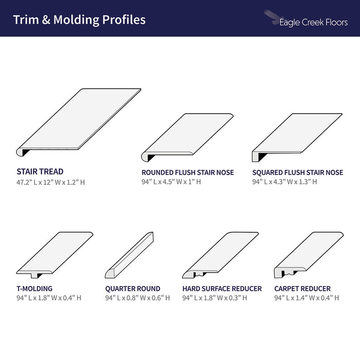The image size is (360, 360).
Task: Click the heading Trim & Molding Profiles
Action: click(x=79, y=20)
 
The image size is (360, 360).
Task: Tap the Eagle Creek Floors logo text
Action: click(x=313, y=23)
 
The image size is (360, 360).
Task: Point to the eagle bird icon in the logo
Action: click(x=273, y=17)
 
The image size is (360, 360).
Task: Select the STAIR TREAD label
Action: click(x=40, y=171)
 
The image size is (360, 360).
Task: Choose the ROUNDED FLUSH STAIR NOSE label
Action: click(x=188, y=172)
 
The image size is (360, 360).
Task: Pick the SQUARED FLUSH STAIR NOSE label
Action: click(x=298, y=172)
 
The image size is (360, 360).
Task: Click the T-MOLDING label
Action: click(x=34, y=289)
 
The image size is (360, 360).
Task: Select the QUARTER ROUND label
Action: click(x=133, y=289)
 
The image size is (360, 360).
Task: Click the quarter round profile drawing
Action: click(x=129, y=255)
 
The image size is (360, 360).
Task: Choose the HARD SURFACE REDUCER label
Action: click(x=222, y=289)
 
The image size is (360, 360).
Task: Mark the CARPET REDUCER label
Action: click(x=302, y=289)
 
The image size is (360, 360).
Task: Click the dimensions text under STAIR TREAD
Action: click(x=50, y=182)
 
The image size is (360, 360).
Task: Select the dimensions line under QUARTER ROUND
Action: click(x=137, y=298)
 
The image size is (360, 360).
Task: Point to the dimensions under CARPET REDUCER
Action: click(x=307, y=298)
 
